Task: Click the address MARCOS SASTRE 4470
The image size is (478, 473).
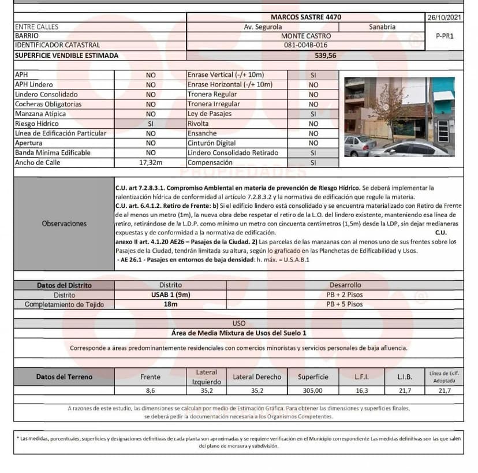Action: point(306,17)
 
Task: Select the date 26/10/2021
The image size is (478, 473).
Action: point(444,17)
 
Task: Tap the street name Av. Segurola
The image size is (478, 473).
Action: point(263,27)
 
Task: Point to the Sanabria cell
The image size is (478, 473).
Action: point(382,27)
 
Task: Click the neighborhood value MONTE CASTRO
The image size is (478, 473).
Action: point(306,36)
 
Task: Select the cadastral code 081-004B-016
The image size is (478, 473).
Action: point(306,45)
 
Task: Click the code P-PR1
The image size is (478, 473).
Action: point(445,36)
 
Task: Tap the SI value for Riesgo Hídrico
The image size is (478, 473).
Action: point(151,124)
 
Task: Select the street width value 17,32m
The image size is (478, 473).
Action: point(151,163)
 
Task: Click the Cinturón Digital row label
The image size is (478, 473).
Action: point(211,143)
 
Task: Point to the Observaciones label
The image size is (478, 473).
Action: point(64,224)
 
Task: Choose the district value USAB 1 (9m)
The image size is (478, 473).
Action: point(170,295)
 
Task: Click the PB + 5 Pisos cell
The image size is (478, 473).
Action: point(345,304)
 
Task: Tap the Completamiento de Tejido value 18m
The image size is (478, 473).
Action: point(170,304)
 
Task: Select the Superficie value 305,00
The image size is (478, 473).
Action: point(313,391)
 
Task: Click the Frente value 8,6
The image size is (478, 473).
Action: point(151,391)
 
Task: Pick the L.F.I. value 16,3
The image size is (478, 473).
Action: point(361,391)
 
